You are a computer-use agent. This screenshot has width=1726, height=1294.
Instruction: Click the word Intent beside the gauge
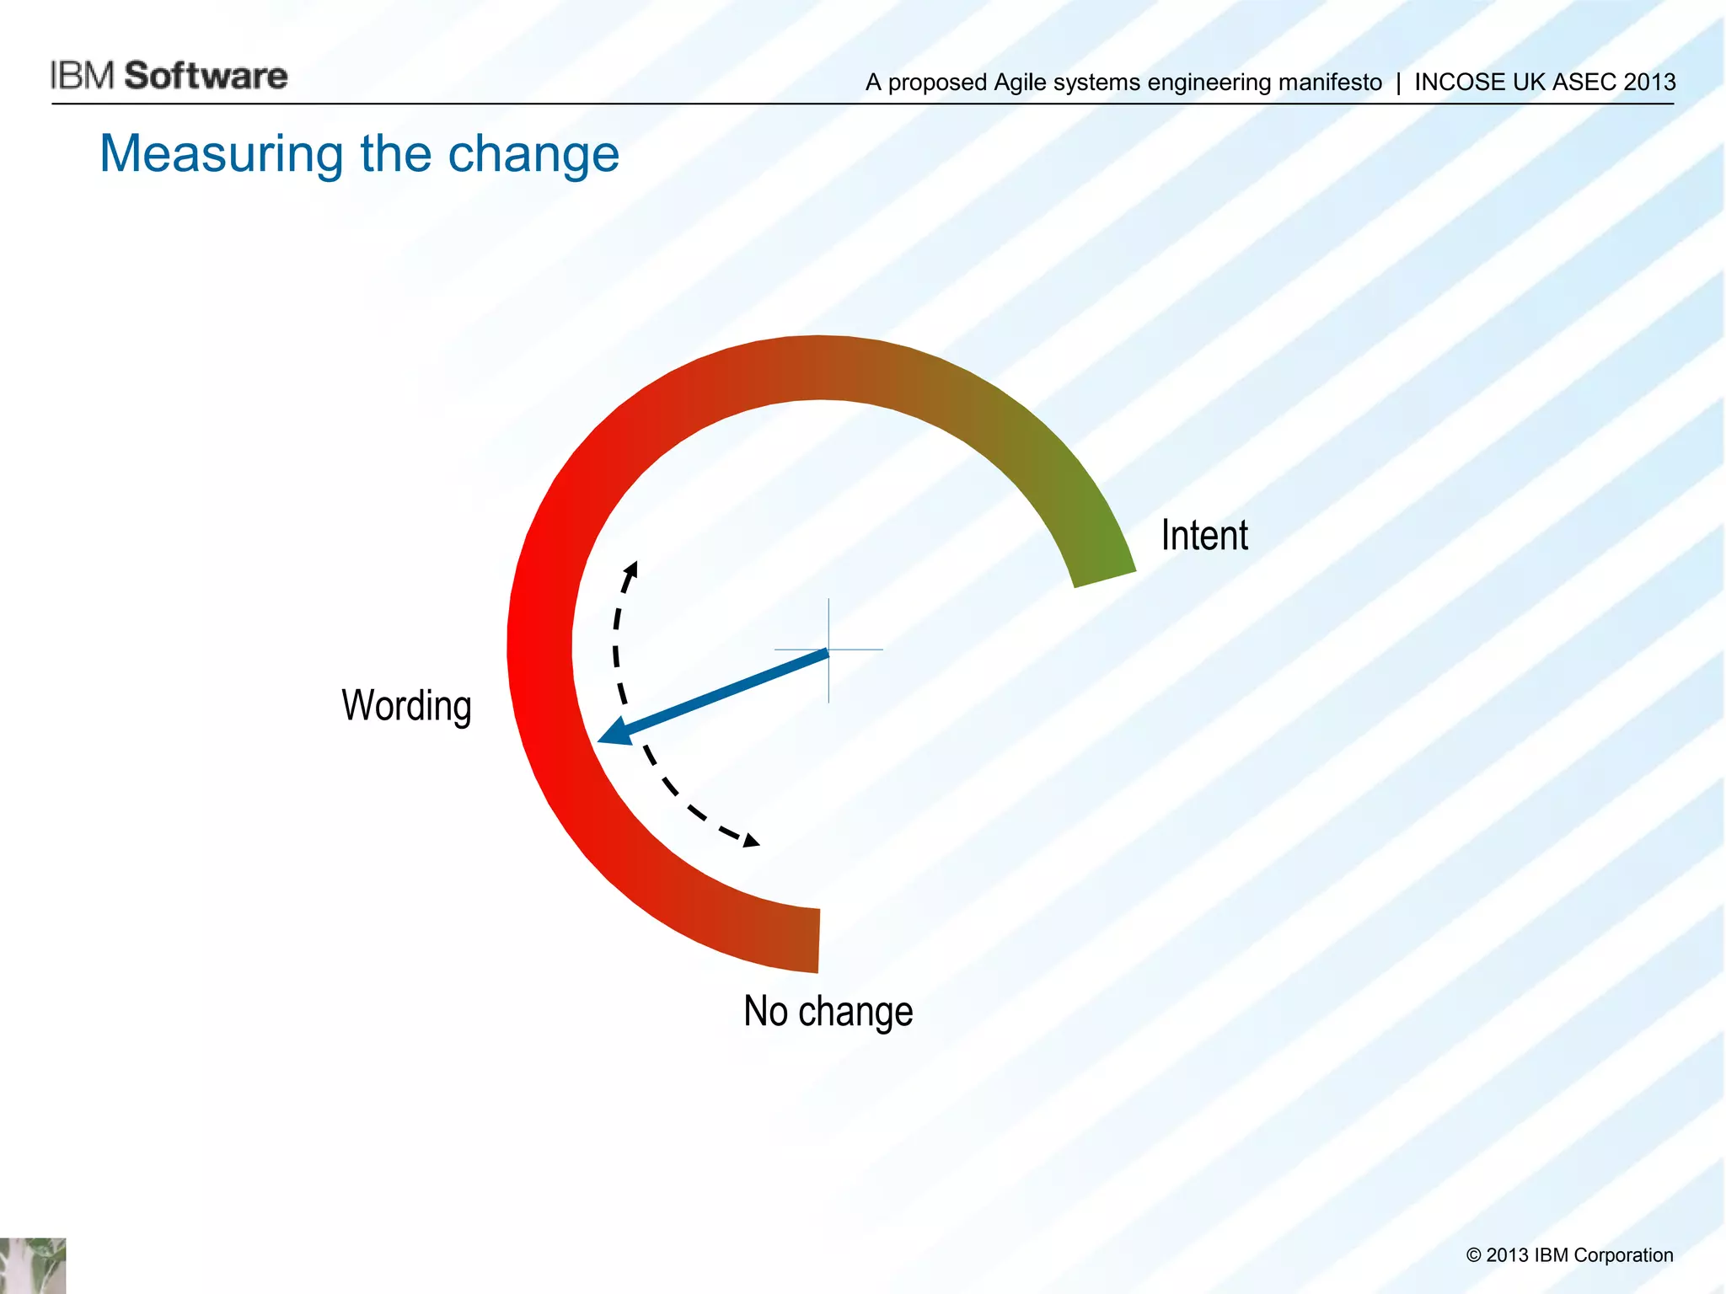click(1203, 536)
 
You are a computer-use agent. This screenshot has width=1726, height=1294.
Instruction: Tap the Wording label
click(406, 705)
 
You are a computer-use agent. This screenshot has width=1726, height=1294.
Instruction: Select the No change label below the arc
click(828, 1011)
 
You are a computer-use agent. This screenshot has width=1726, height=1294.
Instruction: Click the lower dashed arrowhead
click(750, 840)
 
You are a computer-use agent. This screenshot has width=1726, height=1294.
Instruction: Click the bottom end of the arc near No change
click(801, 939)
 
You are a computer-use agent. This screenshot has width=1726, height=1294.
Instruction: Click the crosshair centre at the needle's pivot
click(828, 650)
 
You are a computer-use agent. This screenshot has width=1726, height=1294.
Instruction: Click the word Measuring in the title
click(221, 154)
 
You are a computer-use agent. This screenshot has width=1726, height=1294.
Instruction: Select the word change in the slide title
click(533, 154)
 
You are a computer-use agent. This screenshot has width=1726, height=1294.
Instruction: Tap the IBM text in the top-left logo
click(82, 76)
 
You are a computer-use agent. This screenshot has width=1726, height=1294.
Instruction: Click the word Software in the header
click(206, 76)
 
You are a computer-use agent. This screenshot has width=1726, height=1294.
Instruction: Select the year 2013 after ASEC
click(1649, 83)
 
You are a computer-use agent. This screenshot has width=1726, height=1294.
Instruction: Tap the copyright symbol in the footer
click(1473, 1255)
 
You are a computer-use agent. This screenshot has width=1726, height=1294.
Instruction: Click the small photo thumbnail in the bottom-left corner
click(32, 1265)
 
